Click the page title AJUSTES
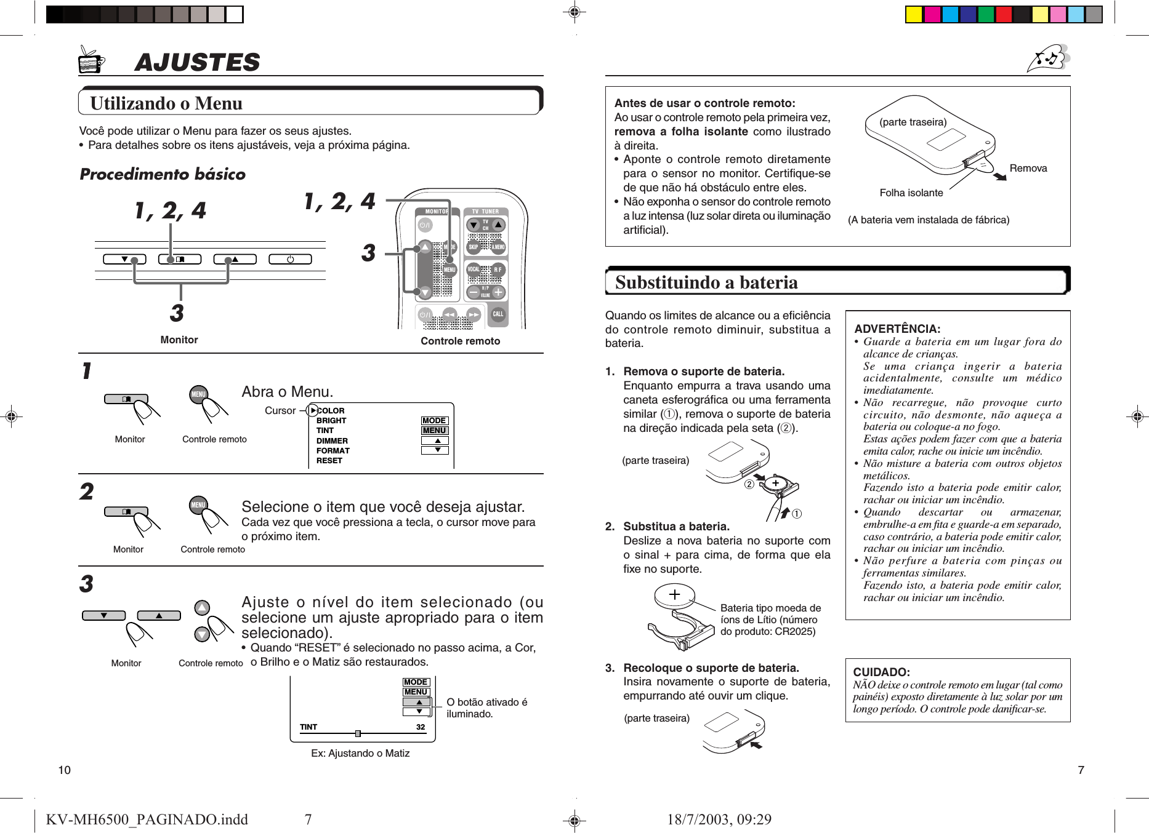(x=197, y=62)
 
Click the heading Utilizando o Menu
(x=166, y=103)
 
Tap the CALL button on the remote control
(x=498, y=314)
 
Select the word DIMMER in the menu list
(x=332, y=440)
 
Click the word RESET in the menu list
(x=329, y=461)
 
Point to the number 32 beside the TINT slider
(x=420, y=727)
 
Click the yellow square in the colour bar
(x=913, y=14)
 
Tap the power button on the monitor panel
(x=290, y=259)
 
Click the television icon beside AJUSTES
(x=91, y=60)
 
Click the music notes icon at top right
(x=1049, y=58)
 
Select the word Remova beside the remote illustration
(x=1028, y=168)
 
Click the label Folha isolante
(x=911, y=193)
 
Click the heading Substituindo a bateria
(x=706, y=282)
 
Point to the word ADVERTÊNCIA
(x=897, y=329)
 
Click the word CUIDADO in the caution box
(x=881, y=672)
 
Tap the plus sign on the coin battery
(x=674, y=594)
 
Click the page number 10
(x=64, y=770)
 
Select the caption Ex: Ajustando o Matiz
(x=360, y=753)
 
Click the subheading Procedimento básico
(x=163, y=174)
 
